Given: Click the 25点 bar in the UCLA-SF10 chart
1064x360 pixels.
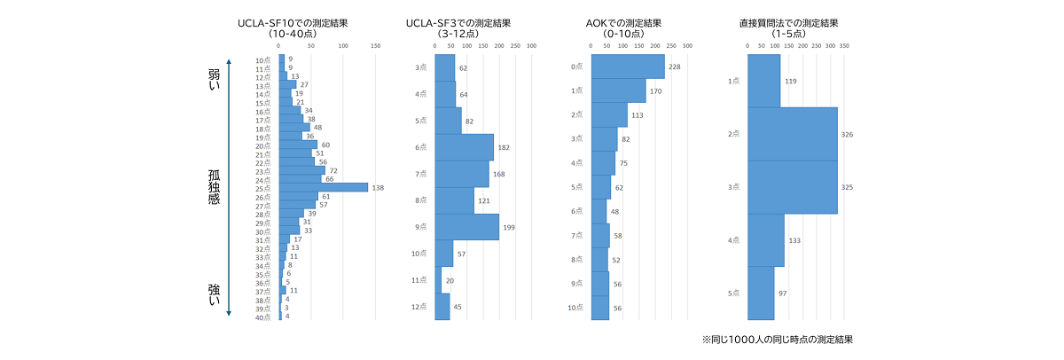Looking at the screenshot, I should [323, 187].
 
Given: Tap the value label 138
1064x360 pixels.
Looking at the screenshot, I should [379, 188].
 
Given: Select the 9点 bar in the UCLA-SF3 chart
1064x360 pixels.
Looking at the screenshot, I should [466, 227].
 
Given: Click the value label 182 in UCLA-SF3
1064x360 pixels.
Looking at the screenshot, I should [505, 147].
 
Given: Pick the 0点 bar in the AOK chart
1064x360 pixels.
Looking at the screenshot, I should [628, 67].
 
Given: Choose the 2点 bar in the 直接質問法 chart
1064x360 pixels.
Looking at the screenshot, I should [792, 134].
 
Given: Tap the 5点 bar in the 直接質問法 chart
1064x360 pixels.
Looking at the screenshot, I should [761, 293].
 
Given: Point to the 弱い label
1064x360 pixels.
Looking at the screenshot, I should [214, 79].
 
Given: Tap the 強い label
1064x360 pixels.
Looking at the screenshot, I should [214, 295].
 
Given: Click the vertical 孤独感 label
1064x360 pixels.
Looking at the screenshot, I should [214, 187].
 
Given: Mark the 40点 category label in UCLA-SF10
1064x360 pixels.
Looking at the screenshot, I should [263, 317].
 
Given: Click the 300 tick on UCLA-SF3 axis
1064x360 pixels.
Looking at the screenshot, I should [531, 45].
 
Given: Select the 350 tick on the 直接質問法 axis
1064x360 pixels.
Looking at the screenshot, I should [844, 45].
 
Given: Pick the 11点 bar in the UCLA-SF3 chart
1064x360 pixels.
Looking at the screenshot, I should [438, 280].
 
